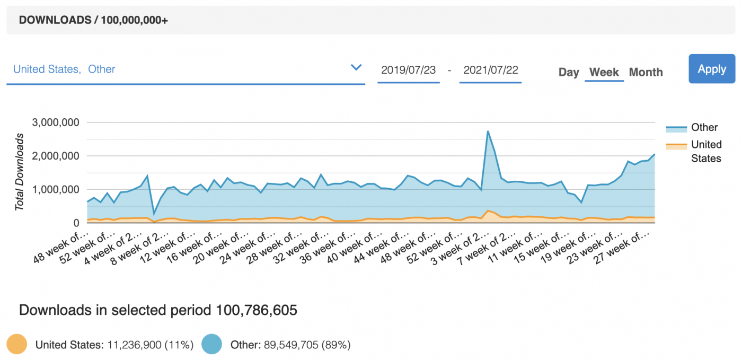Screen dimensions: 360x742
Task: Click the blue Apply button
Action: [712, 69]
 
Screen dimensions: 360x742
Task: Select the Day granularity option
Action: [569, 72]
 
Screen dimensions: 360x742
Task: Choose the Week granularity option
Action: [604, 72]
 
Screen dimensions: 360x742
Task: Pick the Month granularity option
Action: [646, 72]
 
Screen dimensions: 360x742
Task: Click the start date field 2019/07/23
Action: [408, 70]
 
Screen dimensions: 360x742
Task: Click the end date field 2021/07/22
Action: [490, 70]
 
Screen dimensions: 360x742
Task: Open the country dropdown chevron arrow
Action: [356, 67]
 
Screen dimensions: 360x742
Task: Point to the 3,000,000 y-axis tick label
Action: [56, 122]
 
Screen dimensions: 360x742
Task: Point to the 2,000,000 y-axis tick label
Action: [56, 156]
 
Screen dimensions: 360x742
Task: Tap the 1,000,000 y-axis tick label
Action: [56, 189]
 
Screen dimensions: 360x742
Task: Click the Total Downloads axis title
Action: [20, 172]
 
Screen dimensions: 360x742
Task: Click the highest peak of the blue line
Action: [488, 131]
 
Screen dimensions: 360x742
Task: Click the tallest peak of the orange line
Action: [488, 210]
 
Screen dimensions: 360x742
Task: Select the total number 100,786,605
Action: [257, 310]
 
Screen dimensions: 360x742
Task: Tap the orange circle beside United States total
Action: [17, 345]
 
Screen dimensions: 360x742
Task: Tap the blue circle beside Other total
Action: [212, 345]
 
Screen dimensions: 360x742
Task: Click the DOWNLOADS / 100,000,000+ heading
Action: [93, 20]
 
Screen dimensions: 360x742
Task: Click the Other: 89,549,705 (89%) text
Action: [290, 345]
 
